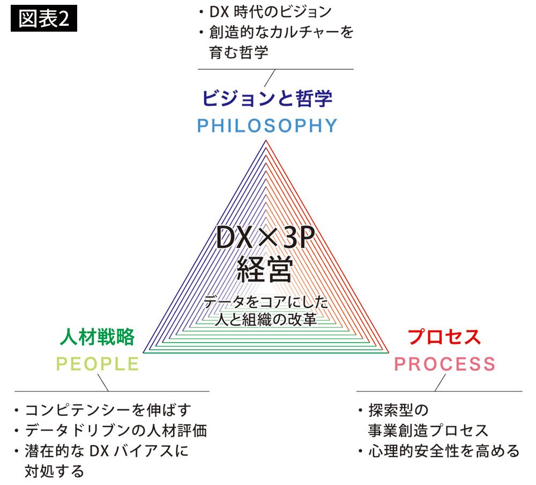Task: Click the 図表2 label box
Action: pos(44,20)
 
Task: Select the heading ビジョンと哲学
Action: pos(267,98)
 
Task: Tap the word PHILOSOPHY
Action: pos(267,126)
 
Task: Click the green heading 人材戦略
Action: pos(97,336)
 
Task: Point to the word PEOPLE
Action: pos(98,364)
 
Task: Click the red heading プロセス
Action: pos(444,336)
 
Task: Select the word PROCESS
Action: pos(445,364)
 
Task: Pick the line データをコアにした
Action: pos(265,302)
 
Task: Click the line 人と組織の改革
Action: pos(265,320)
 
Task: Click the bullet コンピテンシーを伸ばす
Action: pos(107,411)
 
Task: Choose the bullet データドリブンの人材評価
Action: pos(115,431)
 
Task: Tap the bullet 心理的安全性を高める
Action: pos(443,451)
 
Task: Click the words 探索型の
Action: pos(398,411)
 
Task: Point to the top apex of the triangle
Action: pos(265,140)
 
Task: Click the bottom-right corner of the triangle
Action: pos(389,354)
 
